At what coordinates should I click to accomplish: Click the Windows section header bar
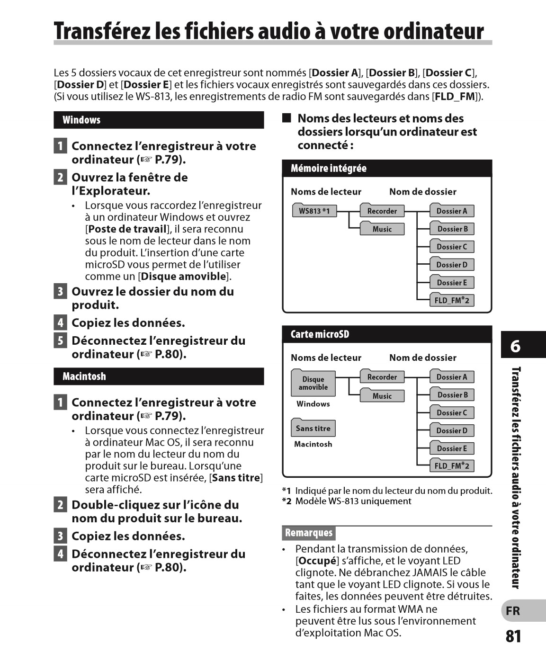(159, 120)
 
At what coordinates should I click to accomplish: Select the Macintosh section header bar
(159, 376)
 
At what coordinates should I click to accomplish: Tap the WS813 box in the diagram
(314, 211)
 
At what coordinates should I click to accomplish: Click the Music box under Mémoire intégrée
(382, 229)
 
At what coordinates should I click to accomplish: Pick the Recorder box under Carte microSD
(382, 377)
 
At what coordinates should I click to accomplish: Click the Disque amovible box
(313, 383)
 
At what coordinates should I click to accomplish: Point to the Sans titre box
(313, 429)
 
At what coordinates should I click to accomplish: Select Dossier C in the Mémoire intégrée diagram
(451, 247)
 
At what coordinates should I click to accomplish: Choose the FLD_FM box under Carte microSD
(451, 466)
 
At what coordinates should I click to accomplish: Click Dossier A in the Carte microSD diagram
(451, 377)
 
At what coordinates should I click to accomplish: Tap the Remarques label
(309, 533)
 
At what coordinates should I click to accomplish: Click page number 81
(513, 636)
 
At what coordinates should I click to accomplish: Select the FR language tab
(513, 611)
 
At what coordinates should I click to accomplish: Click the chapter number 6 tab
(516, 346)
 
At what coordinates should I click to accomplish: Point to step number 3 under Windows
(60, 291)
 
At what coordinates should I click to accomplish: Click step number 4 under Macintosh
(60, 554)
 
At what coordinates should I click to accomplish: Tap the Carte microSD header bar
(387, 334)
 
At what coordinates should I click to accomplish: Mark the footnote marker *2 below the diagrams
(286, 501)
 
